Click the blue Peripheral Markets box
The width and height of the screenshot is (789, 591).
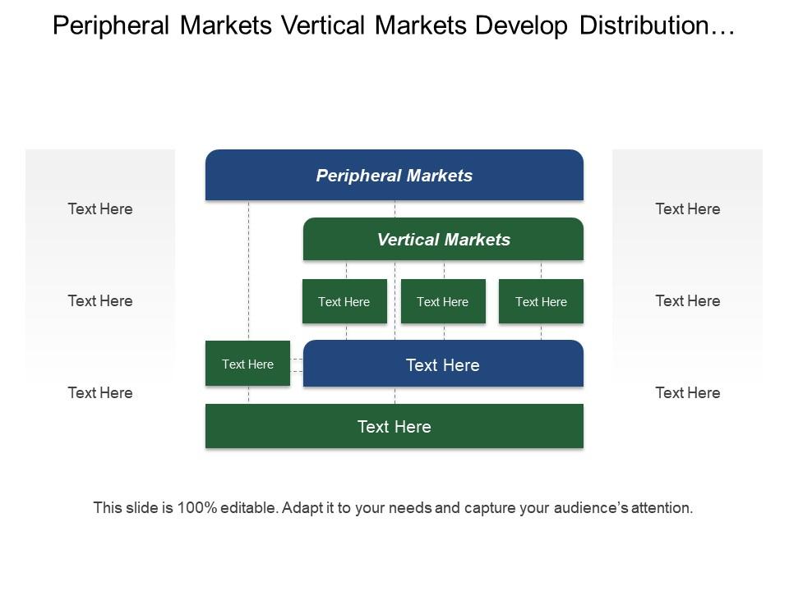(394, 175)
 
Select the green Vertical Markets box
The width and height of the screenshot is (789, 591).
(443, 239)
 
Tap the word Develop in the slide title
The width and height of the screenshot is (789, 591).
(521, 26)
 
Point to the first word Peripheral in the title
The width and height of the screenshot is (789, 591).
(111, 26)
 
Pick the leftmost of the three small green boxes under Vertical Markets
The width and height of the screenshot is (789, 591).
(344, 301)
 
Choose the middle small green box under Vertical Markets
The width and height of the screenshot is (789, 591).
(443, 301)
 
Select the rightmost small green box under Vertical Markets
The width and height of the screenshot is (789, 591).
(541, 301)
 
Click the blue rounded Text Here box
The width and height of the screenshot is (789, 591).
(443, 364)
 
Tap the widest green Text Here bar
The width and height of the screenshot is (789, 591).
(394, 426)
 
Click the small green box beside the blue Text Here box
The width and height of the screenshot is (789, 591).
(247, 364)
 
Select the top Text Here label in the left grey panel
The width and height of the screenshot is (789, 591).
(100, 209)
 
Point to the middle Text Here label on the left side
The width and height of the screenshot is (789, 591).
(100, 301)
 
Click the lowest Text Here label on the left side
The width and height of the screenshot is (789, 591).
(100, 393)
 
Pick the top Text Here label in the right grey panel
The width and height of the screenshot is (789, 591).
(687, 209)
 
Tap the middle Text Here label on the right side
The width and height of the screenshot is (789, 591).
(687, 301)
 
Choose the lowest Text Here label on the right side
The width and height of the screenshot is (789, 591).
(687, 393)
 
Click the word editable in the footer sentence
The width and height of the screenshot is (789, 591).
(248, 507)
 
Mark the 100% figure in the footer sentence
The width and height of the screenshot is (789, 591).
(197, 507)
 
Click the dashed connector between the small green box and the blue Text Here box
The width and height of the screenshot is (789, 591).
(297, 365)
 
